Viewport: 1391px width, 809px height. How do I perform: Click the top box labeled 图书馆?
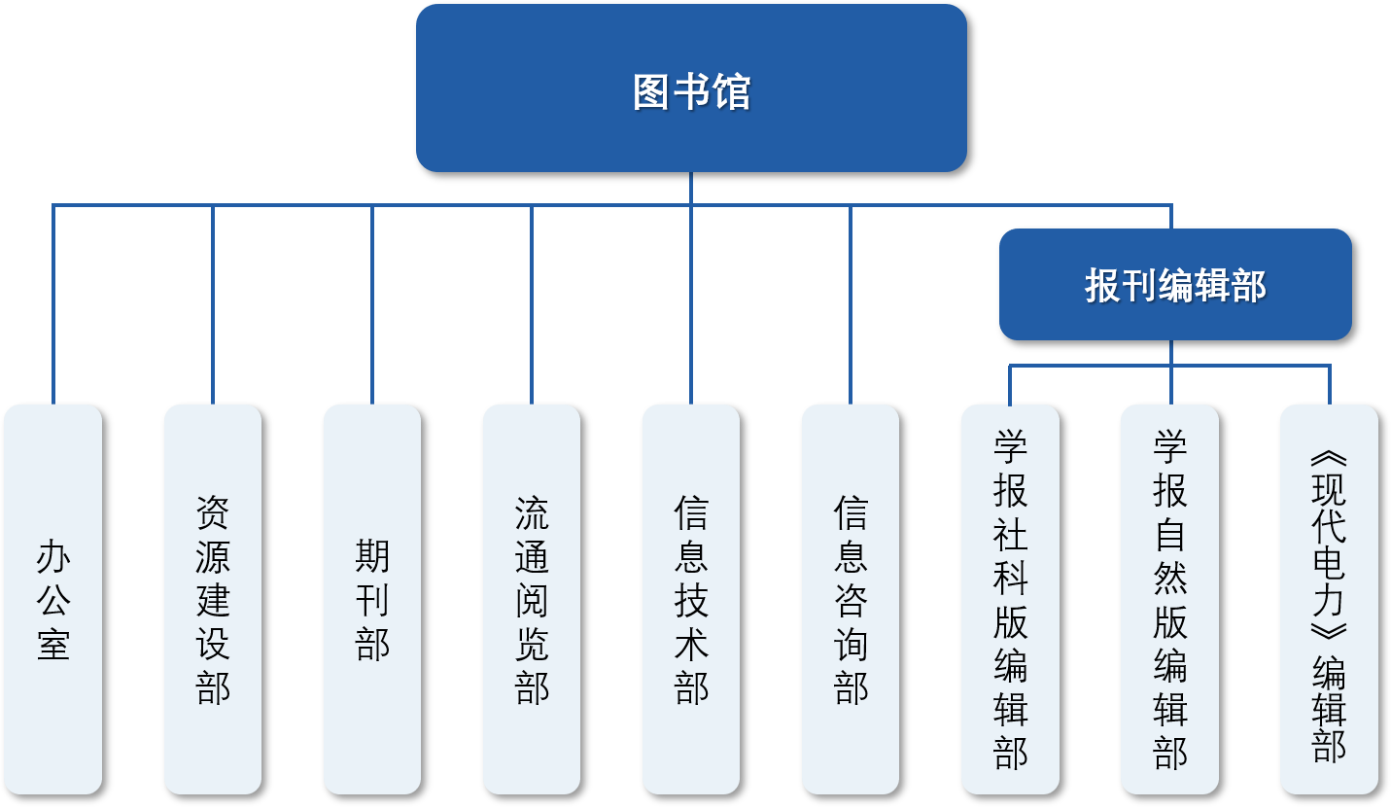pos(691,88)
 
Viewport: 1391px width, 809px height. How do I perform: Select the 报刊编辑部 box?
pos(1175,285)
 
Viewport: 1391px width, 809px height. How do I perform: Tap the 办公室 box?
pos(53,599)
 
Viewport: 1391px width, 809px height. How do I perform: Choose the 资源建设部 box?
pos(213,599)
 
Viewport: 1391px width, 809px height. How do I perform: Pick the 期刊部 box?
pos(372,599)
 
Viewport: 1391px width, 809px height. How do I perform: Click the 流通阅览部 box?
pos(532,599)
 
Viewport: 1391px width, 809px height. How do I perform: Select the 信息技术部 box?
pos(691,599)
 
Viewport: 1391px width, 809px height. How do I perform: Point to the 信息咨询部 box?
pos(851,599)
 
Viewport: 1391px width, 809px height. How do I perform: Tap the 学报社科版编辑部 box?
pos(1010,599)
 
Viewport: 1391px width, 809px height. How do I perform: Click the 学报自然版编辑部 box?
pos(1169,599)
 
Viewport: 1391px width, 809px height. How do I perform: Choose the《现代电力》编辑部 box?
pos(1329,599)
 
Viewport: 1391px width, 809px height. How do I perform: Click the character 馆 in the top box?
pos(731,92)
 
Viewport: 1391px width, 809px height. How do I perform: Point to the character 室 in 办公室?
pos(53,644)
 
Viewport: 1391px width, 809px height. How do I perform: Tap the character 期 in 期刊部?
pos(372,556)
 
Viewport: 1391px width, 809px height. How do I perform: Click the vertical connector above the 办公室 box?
pos(53,301)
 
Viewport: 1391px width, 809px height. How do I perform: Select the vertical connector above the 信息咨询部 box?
pos(851,301)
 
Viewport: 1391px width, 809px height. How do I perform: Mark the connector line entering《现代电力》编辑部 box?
pos(1329,385)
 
